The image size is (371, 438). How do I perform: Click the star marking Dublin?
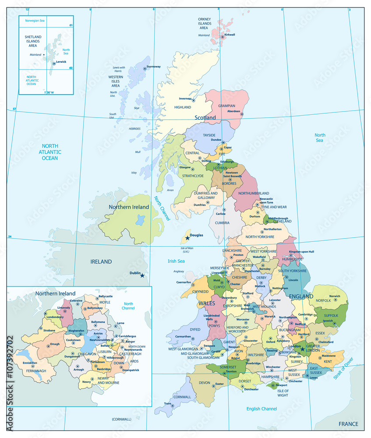[142, 276]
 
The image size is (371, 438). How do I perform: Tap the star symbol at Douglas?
[187, 238]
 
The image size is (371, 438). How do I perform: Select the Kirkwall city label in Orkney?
[230, 35]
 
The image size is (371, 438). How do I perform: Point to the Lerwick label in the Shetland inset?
[61, 62]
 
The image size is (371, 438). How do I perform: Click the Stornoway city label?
[153, 67]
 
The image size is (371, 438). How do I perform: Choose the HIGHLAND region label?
[183, 107]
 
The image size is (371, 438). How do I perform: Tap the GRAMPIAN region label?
[226, 106]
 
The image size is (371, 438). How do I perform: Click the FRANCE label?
[348, 424]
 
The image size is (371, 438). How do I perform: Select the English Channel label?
[261, 409]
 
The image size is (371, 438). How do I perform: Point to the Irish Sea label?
[176, 261]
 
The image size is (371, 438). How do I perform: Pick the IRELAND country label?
[101, 262]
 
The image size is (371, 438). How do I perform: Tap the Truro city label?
[167, 403]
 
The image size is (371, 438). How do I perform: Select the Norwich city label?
[335, 297]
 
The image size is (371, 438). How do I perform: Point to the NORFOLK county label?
[323, 301]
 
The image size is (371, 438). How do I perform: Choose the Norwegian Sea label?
[35, 21]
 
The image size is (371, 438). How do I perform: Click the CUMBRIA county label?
[222, 223]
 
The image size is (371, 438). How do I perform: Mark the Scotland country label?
[205, 118]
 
